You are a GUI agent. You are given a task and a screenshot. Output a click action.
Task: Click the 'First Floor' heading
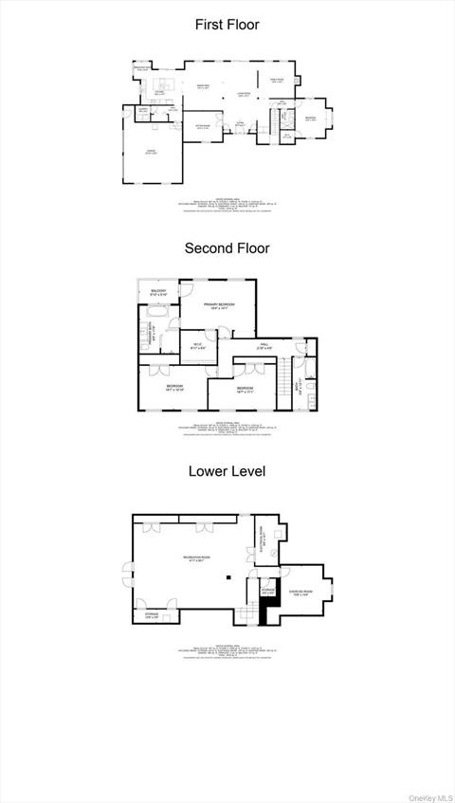(x=227, y=25)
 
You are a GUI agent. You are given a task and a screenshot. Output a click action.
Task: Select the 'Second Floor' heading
(x=227, y=248)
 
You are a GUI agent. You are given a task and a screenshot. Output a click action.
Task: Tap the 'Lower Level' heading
(x=227, y=470)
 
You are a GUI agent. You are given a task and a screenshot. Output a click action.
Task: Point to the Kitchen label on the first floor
(x=159, y=92)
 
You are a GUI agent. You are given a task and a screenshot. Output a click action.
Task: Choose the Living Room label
(x=243, y=94)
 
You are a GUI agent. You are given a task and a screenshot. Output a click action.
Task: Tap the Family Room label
(x=278, y=81)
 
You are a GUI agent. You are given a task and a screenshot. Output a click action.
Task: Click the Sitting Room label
(x=202, y=126)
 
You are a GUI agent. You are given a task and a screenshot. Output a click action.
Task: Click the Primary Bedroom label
(x=218, y=305)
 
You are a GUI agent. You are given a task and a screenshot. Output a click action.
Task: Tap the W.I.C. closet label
(x=197, y=345)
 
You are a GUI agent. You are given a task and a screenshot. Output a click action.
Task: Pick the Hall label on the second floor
(x=264, y=347)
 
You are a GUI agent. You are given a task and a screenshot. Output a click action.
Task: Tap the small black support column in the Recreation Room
(x=227, y=575)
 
